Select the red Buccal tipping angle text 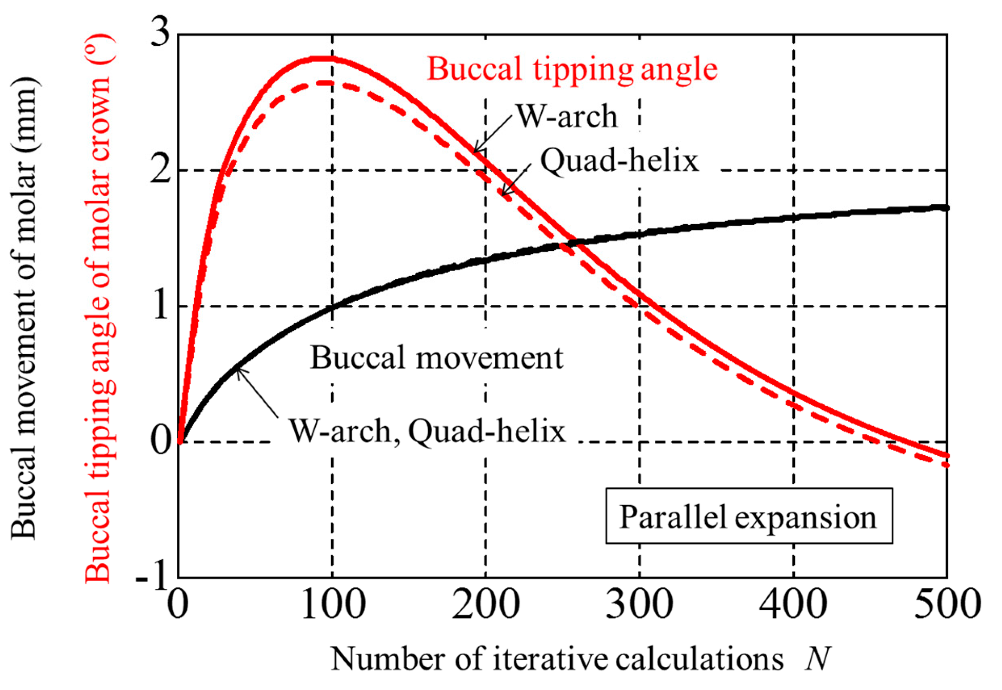(572, 69)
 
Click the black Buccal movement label (437, 358)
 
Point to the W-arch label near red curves (567, 117)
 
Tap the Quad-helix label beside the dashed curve (620, 161)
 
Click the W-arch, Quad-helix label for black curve (427, 431)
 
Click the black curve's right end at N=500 (946, 208)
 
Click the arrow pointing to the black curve (257, 392)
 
